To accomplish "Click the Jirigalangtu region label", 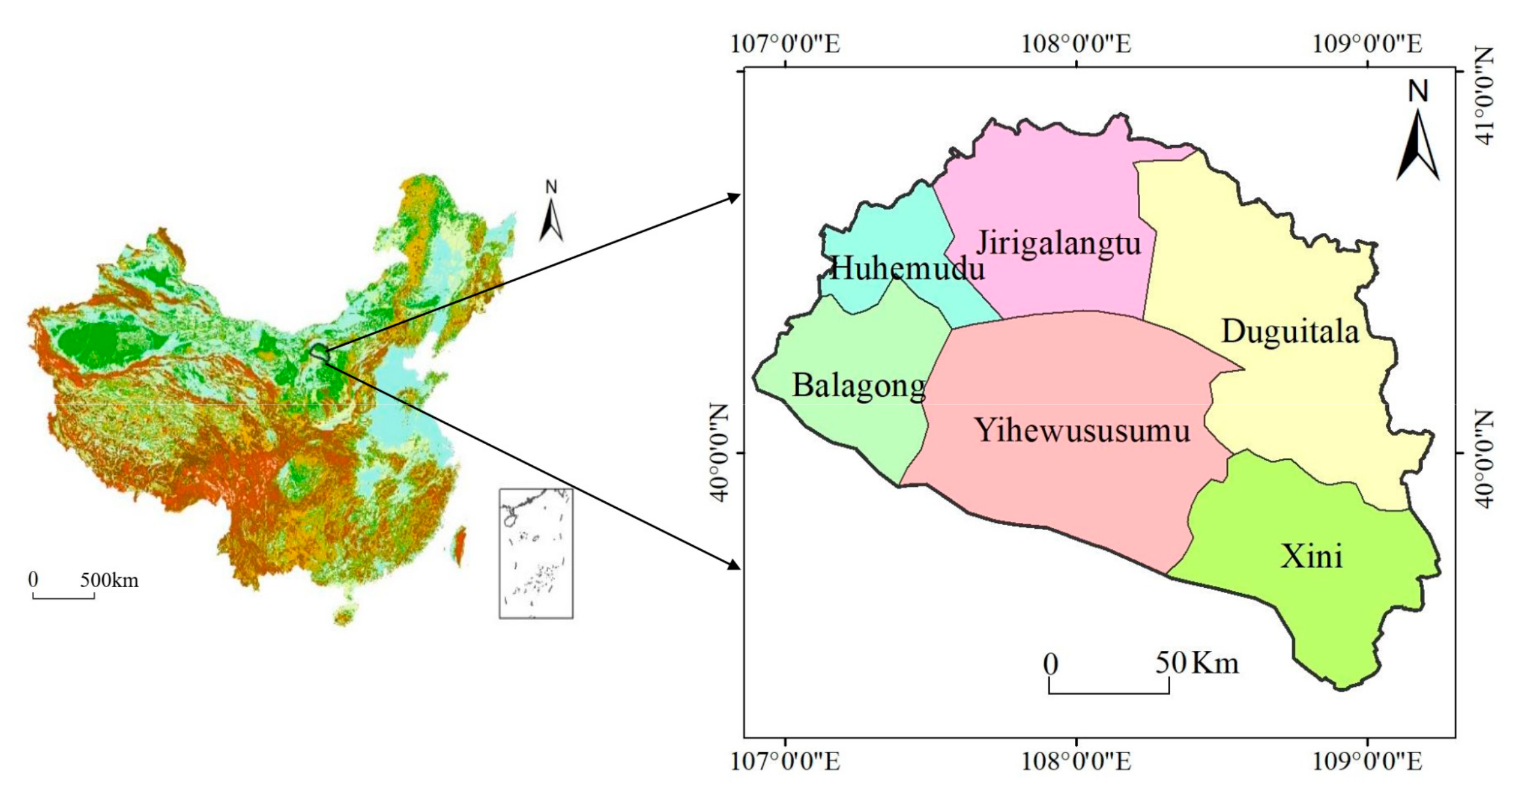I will pos(1059,244).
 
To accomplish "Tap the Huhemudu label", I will pos(907,268).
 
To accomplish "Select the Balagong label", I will pos(859,386).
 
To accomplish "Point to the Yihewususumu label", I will pos(1082,431).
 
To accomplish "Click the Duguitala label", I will pos(1290,331).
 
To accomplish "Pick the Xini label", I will pos(1312,556).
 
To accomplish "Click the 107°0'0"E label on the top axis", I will pos(785,44).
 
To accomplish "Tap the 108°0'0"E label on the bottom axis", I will pos(1076,761).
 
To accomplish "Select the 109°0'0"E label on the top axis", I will pos(1367,44).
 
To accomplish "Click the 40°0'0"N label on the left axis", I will pos(720,453).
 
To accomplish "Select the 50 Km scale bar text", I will pos(1196,663).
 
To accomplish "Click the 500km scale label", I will pos(109,581).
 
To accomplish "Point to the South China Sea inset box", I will pos(536,553).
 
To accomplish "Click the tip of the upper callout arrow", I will pos(738,196).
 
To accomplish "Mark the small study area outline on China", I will pos(319,352).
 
